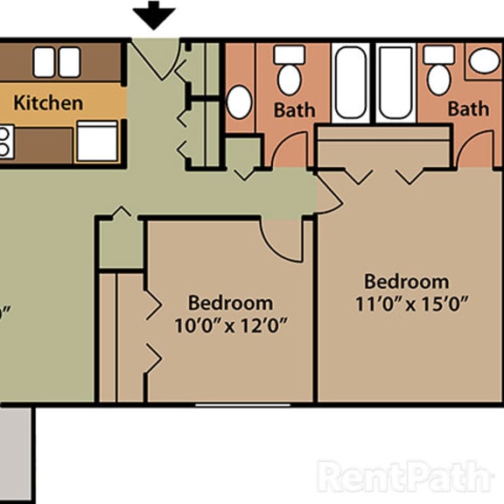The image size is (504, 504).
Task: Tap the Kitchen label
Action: point(48,102)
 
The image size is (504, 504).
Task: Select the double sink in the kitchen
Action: point(56,61)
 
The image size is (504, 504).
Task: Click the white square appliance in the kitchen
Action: point(96,141)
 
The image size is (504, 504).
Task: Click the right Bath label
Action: point(468,108)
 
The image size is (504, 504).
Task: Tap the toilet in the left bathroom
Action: point(289,71)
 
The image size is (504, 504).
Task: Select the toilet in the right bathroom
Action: point(439,71)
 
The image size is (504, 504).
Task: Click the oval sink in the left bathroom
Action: point(239,101)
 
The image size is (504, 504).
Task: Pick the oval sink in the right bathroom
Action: point(484,60)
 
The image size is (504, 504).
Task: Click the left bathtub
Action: point(353,82)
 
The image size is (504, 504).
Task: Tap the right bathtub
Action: point(395,82)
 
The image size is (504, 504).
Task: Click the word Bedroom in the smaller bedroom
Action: point(230,303)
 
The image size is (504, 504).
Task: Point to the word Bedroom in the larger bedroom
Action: point(406,282)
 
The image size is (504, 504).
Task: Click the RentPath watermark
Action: point(404,477)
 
